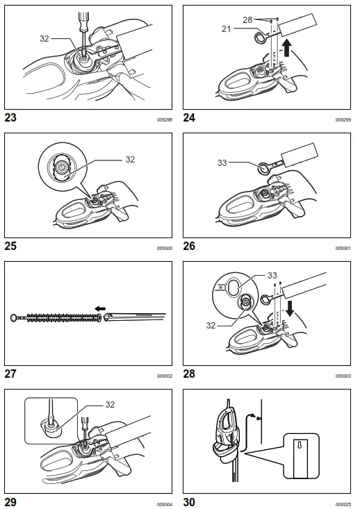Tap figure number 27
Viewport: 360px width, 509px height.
click(x=11, y=374)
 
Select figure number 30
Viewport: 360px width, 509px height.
click(x=190, y=501)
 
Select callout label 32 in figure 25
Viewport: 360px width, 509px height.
click(x=129, y=159)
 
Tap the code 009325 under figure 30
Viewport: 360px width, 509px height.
click(x=343, y=503)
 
